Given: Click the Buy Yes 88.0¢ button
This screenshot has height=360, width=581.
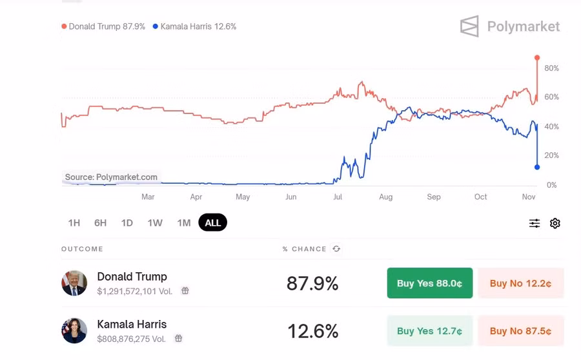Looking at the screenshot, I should pos(429,283).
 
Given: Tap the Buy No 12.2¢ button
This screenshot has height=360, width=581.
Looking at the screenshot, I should pos(520,283).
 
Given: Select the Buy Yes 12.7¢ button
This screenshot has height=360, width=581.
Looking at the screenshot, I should pos(429,331).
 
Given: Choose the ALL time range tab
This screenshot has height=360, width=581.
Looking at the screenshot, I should pos(212,223).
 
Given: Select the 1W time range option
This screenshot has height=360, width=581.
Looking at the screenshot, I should pos(155,223).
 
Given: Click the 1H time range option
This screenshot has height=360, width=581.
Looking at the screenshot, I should pos(74,223).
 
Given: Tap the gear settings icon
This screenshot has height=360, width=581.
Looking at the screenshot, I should pos(555,223).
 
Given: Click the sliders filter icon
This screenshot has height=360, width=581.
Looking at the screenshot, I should pos(535,223).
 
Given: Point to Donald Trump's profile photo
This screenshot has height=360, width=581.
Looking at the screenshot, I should pos(74,283).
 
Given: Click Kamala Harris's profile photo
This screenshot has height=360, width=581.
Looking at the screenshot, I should pos(74,331).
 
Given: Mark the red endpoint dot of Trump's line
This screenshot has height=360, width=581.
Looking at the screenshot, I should pos(537,58).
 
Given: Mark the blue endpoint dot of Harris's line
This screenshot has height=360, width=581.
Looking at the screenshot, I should pos(537,167).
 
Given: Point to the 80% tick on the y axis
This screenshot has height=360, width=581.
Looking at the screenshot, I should pos(551,68).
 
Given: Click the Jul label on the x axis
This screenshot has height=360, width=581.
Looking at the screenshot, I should pos(338,197).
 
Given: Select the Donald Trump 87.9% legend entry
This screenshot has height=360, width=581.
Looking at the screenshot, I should pos(103,26).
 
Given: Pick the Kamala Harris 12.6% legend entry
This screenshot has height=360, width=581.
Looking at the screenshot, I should pos(194,26).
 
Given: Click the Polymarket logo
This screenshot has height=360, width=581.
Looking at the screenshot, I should pos(510,26).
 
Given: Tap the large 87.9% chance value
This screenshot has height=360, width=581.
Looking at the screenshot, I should pos(312,283).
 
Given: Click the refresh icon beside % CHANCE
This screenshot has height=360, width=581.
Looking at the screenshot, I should pos(336,249).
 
